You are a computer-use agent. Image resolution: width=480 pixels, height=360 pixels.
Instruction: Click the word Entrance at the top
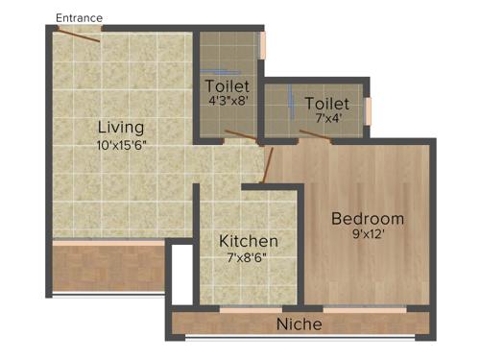79,17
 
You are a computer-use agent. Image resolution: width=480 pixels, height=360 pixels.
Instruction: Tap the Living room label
121,127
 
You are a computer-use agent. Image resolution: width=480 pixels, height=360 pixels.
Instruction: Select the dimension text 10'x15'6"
121,145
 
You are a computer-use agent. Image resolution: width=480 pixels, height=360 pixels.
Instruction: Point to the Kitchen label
249,240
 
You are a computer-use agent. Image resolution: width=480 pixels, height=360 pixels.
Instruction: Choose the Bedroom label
368,218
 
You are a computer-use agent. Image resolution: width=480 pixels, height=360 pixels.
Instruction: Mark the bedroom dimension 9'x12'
368,234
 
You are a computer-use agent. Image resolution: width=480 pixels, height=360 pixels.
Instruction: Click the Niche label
300,324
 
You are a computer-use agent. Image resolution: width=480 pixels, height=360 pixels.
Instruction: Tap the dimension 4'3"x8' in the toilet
228,98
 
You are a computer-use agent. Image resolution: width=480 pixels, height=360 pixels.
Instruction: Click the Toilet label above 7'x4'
326,103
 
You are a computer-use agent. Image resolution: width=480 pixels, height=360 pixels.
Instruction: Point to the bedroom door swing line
269,164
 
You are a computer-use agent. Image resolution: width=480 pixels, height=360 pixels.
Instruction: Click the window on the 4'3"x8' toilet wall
262,45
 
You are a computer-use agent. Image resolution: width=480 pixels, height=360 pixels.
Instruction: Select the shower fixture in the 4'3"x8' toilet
223,72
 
